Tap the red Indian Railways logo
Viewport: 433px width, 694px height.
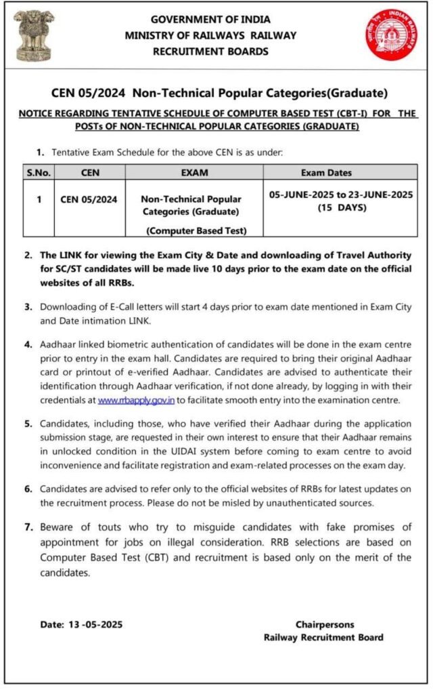pyautogui.click(x=392, y=35)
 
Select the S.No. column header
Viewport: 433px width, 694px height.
pyautogui.click(x=39, y=173)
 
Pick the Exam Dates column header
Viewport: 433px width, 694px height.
pyautogui.click(x=340, y=173)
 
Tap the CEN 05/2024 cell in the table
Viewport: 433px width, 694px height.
pyautogui.click(x=89, y=199)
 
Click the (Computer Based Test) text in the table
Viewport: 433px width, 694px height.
pyautogui.click(x=196, y=230)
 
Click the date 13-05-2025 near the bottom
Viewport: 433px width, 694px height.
pyautogui.click(x=94, y=624)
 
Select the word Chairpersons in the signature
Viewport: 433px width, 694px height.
pyautogui.click(x=324, y=624)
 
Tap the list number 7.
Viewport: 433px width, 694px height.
pyautogui.click(x=28, y=526)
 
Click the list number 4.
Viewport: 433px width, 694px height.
pyautogui.click(x=28, y=344)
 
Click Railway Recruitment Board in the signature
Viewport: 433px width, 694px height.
pyautogui.click(x=323, y=637)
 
